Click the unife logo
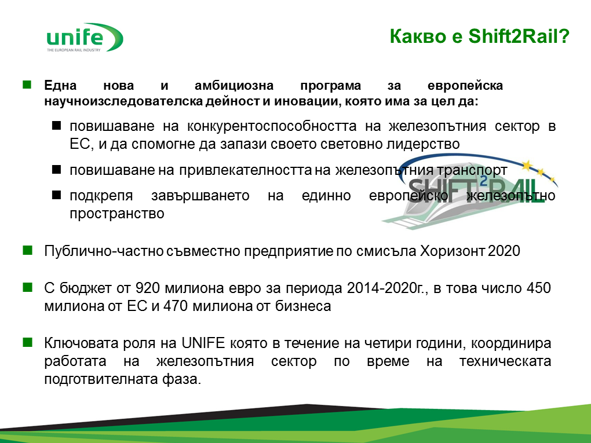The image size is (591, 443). coord(85,37)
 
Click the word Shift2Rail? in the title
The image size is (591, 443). coord(519,36)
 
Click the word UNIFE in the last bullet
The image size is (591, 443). coord(203,343)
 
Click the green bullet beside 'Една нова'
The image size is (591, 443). coord(27,85)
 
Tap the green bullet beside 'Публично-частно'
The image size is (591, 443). coord(27,250)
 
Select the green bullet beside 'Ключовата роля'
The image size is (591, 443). coord(27,342)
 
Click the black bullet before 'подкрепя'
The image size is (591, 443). coord(56,195)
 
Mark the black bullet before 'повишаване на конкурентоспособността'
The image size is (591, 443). coord(56,125)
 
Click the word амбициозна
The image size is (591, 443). coord(234,86)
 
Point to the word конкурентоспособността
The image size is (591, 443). coord(271,126)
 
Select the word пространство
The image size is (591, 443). coord(117,214)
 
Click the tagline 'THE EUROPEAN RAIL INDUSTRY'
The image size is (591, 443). coord(74,50)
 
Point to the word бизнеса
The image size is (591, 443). coord(303,306)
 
